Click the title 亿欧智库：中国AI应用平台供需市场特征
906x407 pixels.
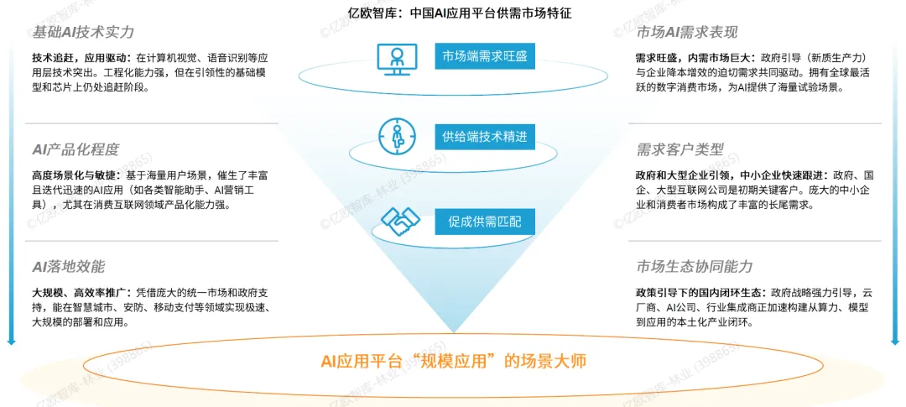coord(453,13)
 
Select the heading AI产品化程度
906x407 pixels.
coord(75,149)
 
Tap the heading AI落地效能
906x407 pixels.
coord(68,267)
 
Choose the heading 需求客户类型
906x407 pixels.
coord(679,149)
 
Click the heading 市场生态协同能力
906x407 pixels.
coord(694,267)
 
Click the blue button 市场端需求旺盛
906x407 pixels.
coord(484,57)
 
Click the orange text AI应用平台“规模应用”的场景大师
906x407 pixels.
coord(453,362)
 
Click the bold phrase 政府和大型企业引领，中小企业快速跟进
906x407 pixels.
coord(730,175)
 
